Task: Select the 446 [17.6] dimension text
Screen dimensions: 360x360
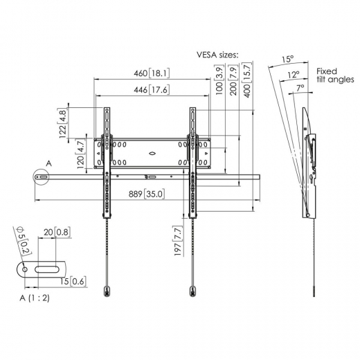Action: (x=152, y=89)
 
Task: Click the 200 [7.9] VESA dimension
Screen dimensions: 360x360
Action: (x=233, y=82)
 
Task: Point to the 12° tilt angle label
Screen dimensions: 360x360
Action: (x=294, y=74)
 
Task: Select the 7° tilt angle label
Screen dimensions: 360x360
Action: (x=299, y=88)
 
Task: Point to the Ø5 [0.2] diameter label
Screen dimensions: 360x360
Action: (x=22, y=242)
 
